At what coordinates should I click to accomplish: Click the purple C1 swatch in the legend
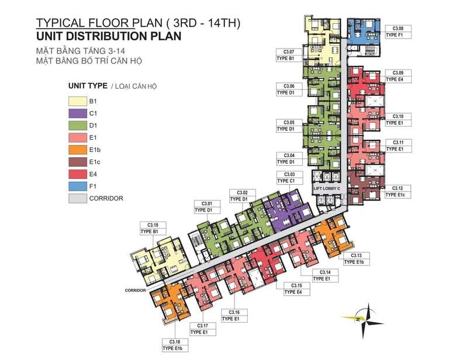pos(78,113)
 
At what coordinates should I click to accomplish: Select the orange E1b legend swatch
pos(78,150)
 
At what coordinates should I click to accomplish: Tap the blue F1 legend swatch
pos(78,186)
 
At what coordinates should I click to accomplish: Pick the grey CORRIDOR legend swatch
pos(78,198)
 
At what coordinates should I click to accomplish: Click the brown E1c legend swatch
pos(78,162)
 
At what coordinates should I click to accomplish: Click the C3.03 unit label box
pos(289,178)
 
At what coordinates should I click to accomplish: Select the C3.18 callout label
pos(175,345)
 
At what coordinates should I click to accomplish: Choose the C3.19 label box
pos(153,229)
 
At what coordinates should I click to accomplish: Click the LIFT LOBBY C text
pos(327,189)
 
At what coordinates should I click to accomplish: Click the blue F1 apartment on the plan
pos(364,31)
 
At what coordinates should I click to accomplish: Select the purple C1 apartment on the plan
pos(288,211)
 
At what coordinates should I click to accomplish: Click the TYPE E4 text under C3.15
pos(293,292)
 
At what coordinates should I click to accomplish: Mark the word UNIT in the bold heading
pos(49,36)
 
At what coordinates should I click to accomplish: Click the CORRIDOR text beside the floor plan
pos(135,290)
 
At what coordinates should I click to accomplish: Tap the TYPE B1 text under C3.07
pos(285,58)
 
